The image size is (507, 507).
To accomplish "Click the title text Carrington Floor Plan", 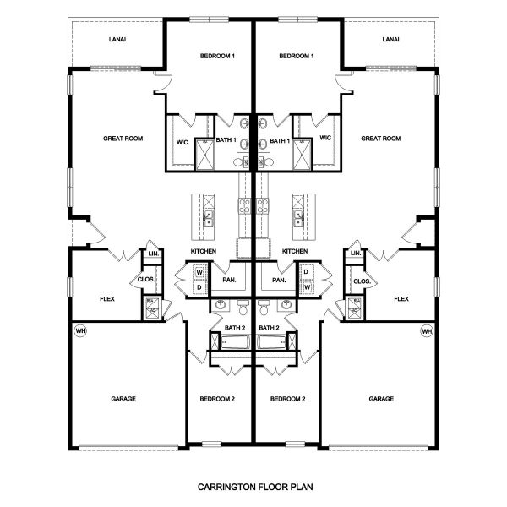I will [253, 488].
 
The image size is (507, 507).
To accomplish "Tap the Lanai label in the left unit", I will [117, 39].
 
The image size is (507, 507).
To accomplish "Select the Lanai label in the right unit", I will [390, 39].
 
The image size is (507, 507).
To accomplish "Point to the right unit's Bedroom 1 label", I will [296, 56].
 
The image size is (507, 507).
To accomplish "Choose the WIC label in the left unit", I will [182, 141].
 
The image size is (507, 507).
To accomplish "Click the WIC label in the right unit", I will [325, 138].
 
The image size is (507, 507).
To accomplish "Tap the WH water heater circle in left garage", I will [81, 330].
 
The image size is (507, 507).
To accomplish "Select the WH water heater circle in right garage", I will [426, 330].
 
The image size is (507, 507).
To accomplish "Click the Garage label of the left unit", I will [123, 398].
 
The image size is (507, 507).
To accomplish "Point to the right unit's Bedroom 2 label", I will [288, 398].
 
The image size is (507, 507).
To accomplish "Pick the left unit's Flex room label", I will [107, 298].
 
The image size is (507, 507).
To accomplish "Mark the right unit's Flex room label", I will [401, 298].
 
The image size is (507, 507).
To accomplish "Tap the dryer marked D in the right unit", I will [306, 272].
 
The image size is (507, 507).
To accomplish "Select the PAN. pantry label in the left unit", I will [228, 280].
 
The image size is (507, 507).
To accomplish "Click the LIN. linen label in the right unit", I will [356, 253].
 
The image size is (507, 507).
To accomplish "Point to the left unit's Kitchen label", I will [204, 252].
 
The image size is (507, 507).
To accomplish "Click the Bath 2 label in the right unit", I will [270, 327].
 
